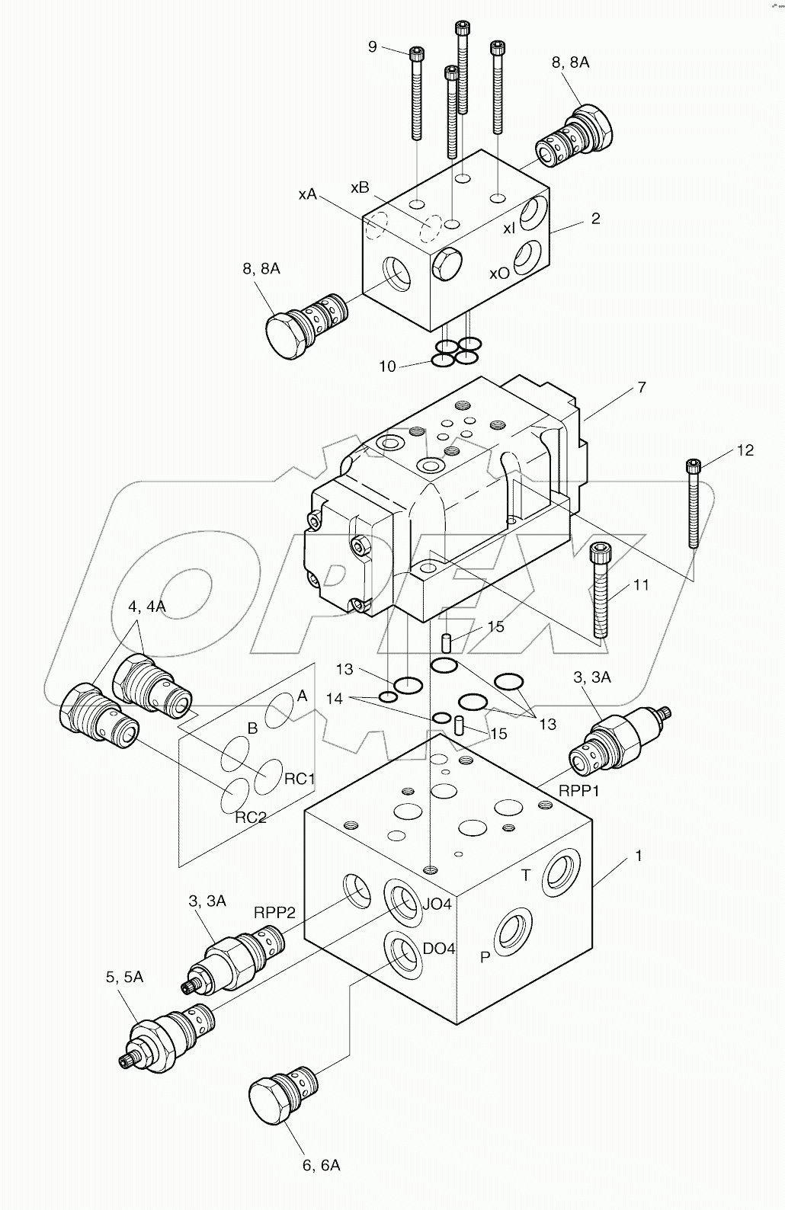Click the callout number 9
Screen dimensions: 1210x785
[372, 47]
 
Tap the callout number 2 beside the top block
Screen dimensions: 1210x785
[595, 219]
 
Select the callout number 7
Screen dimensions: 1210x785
[641, 388]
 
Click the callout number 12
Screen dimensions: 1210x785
[745, 451]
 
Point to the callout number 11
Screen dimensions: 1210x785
[641, 585]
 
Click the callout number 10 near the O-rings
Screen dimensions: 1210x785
[387, 367]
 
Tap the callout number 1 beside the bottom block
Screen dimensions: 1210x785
[638, 856]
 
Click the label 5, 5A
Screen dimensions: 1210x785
[124, 977]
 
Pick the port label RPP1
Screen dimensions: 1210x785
[579, 791]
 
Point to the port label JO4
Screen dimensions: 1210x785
[437, 904]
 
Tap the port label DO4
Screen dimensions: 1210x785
[439, 949]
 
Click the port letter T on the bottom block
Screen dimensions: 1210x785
[525, 875]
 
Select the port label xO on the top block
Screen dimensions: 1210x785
[499, 273]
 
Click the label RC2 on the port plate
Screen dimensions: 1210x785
[250, 818]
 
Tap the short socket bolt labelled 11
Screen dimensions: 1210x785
[601, 591]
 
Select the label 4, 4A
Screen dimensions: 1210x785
[147, 607]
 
